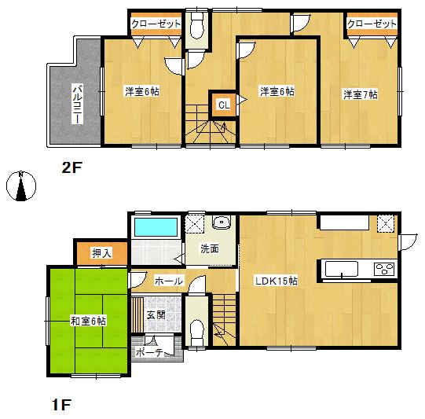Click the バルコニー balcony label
[79, 103]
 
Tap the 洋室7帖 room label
[360, 94]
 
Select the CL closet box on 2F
[223, 104]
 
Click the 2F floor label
[73, 167]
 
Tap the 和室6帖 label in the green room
[88, 321]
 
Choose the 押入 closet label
[101, 253]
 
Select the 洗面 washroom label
[209, 249]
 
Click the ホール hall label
[169, 281]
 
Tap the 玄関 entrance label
[156, 315]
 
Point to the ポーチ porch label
[148, 353]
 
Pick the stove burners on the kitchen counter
[385, 270]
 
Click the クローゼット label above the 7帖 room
[372, 24]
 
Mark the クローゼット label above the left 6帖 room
[156, 24]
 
